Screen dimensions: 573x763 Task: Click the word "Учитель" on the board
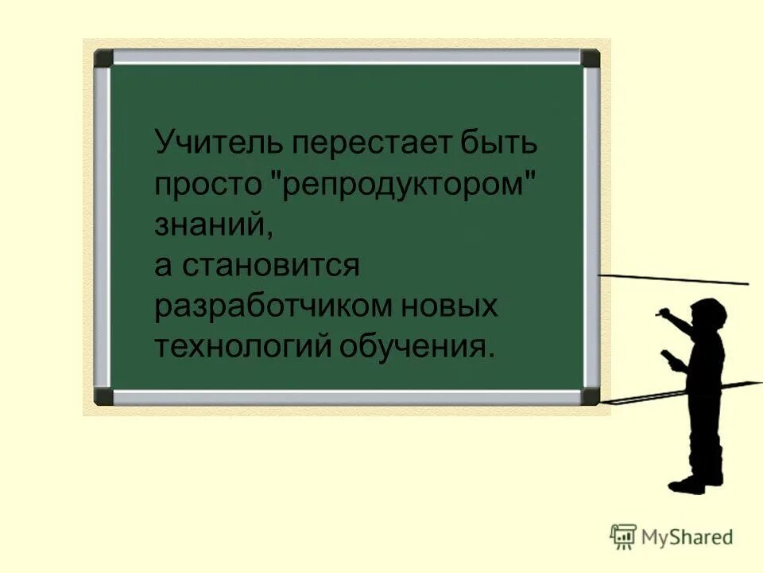tap(217, 144)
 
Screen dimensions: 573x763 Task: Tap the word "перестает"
tap(368, 144)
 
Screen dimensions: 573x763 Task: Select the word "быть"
tap(501, 144)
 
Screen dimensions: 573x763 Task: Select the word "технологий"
tap(242, 347)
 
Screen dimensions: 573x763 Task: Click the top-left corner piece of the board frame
tap(103, 58)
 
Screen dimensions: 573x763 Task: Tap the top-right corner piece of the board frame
tap(591, 58)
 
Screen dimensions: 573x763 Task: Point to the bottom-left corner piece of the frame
tap(103, 396)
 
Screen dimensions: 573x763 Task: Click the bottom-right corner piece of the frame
tap(591, 396)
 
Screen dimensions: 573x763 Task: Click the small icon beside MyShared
tap(623, 536)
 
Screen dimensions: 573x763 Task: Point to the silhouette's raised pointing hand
tap(661, 316)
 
